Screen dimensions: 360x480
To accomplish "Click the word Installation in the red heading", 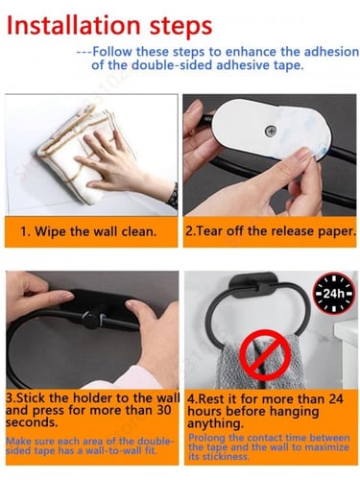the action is [x=73, y=25].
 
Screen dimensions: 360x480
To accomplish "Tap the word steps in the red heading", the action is [x=180, y=27].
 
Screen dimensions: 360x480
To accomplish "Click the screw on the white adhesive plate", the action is [x=271, y=131].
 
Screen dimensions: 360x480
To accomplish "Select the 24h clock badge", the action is [x=334, y=293].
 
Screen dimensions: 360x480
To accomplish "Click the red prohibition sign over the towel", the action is [x=265, y=355].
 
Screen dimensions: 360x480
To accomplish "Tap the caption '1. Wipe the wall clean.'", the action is [x=88, y=231].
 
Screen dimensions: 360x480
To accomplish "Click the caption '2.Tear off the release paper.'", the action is [x=271, y=231].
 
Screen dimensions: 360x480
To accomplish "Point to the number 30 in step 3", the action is [x=164, y=410].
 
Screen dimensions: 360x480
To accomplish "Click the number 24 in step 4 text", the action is [x=335, y=398].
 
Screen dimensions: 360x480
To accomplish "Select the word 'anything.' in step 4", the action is [x=215, y=423].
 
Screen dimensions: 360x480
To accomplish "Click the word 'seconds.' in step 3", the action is [x=32, y=422].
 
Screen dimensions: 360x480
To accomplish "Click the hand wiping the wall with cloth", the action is [x=119, y=160].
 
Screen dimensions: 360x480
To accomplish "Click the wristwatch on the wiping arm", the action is [x=173, y=196].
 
